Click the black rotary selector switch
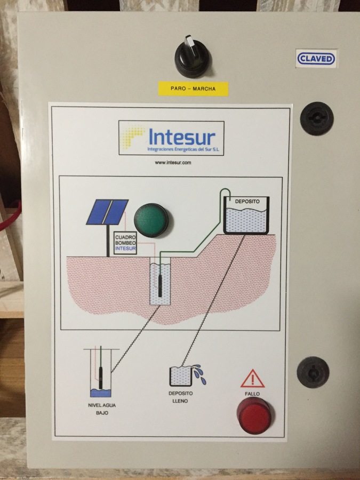(x=192, y=57)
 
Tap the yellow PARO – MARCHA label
(x=193, y=89)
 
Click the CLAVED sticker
(x=316, y=59)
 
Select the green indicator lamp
(x=151, y=220)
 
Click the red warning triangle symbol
(x=252, y=379)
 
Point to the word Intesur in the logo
(x=182, y=138)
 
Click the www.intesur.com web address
(x=173, y=163)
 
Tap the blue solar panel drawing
(x=107, y=212)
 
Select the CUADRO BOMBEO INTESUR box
(x=125, y=243)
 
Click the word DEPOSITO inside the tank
(x=247, y=202)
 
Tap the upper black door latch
(x=316, y=118)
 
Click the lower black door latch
(x=313, y=372)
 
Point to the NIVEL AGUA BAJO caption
(x=102, y=409)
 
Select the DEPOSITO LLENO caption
(x=181, y=397)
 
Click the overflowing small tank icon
(x=188, y=375)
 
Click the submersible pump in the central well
(x=160, y=285)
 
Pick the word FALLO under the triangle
(x=252, y=394)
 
